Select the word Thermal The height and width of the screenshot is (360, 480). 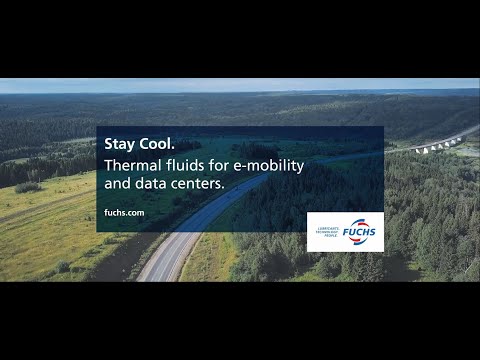coord(134,163)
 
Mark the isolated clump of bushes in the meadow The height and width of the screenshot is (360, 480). coord(28,187)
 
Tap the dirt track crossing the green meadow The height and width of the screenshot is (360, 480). coord(50,216)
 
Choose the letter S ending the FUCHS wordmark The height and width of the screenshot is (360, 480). coord(375,231)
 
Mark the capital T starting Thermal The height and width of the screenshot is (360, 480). coord(108,163)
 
